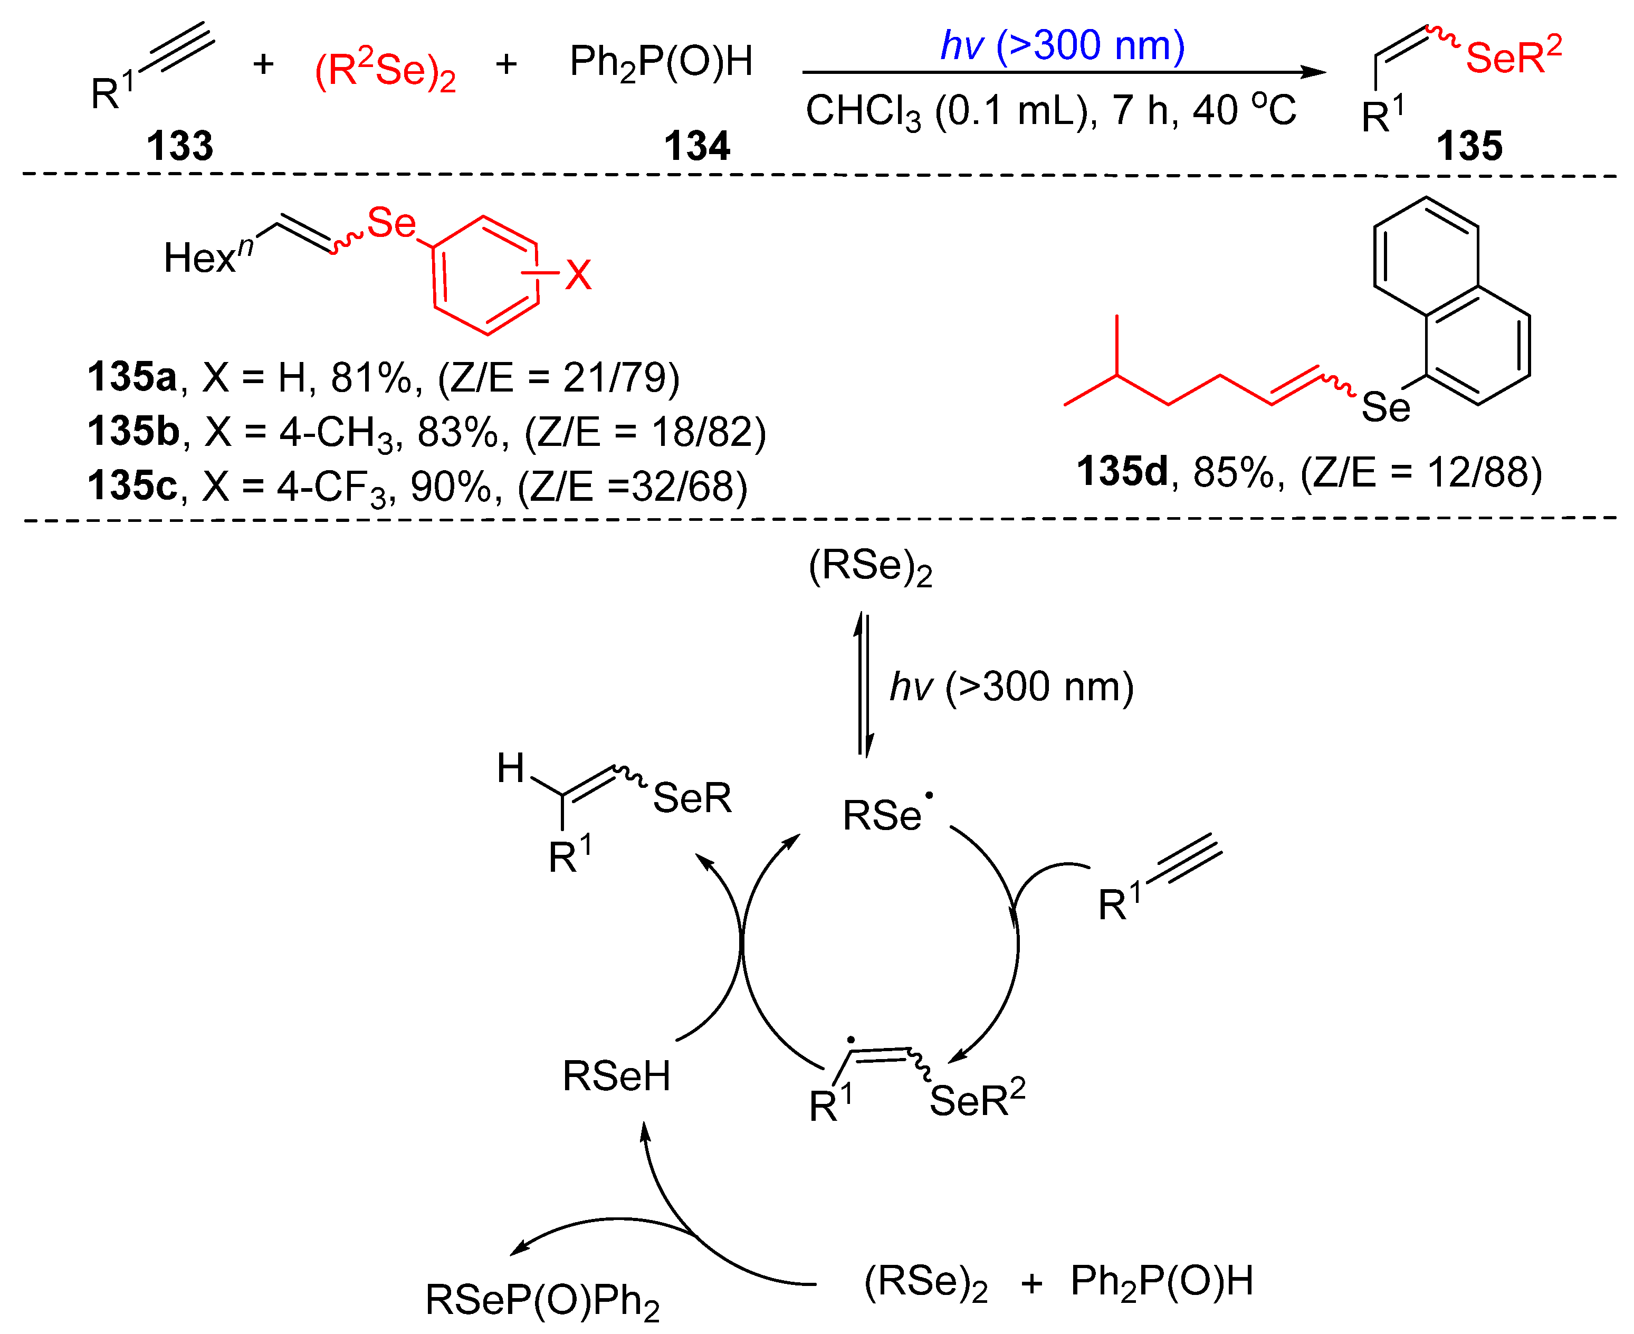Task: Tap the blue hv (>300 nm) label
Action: pos(1063,46)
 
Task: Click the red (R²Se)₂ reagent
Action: pos(385,71)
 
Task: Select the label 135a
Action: pos(131,377)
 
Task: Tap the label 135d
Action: pos(1122,471)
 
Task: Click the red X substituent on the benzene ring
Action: pos(578,274)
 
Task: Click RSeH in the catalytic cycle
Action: pos(616,1076)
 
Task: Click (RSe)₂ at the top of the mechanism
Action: pos(871,567)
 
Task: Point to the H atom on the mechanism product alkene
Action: pos(510,768)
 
